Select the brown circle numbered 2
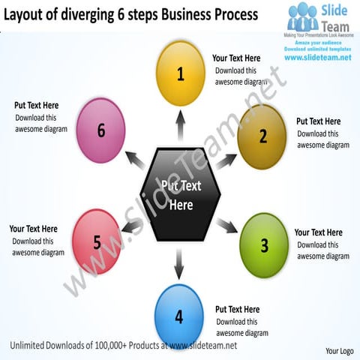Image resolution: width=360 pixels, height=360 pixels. [262, 136]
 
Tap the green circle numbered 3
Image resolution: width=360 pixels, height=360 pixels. [263, 245]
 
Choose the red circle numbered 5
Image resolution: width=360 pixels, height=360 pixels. [97, 241]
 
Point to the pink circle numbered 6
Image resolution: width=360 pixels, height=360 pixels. [100, 130]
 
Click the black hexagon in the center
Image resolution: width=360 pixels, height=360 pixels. [181, 194]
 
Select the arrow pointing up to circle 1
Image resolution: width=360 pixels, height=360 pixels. [180, 124]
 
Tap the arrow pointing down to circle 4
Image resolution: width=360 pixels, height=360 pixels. [179, 262]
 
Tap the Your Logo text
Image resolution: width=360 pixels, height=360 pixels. [339, 350]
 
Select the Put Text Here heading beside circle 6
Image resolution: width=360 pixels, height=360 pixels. [37, 106]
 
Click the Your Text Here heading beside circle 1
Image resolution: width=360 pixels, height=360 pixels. [236, 58]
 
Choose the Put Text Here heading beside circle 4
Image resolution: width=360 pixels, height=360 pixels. [237, 309]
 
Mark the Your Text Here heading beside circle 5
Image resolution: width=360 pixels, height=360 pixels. [33, 229]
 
